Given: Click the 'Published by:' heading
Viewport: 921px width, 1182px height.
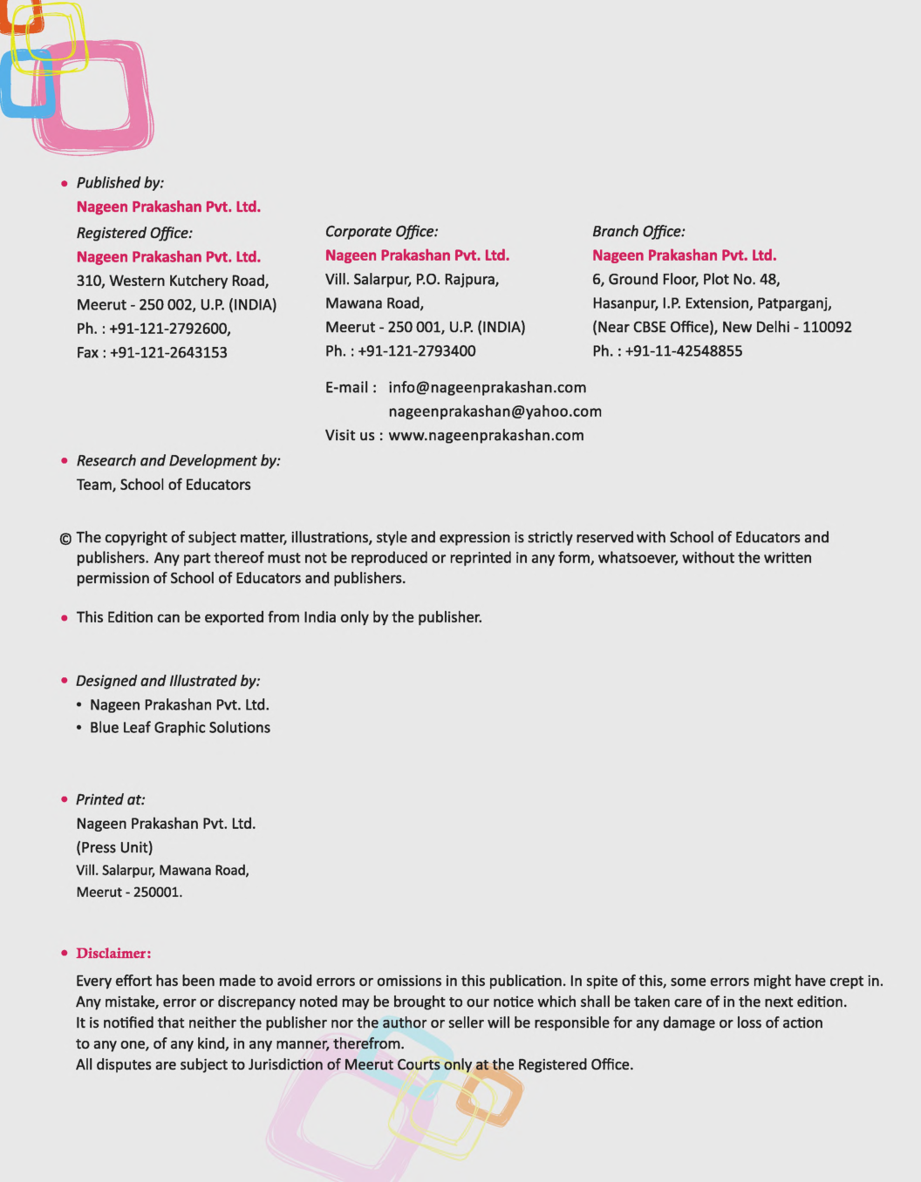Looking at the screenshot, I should coord(119,183).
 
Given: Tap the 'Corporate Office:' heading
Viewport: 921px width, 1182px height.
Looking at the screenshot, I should coord(381,232).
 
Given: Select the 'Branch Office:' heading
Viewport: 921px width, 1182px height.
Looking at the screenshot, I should coord(638,232).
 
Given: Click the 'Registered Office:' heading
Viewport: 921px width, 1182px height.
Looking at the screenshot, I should coord(134,234).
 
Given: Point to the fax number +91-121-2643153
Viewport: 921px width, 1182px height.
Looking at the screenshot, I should coord(168,353).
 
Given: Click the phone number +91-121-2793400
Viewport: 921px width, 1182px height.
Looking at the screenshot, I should coord(417,351).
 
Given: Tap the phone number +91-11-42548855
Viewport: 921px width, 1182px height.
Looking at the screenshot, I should coord(684,351).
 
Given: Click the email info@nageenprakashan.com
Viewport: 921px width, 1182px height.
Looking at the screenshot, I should coord(487,388).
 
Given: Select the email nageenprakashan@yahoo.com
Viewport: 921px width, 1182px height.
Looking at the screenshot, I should coord(495,411).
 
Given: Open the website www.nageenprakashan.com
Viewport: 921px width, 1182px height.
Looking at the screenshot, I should coord(486,436).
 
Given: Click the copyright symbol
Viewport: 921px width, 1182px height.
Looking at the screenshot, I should coord(65,539).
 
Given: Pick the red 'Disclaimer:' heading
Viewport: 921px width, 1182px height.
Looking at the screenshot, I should coord(113,954).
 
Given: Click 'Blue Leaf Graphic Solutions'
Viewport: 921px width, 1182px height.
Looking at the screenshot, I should coord(180,728).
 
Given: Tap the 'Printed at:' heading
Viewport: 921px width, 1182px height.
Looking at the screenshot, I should coord(111,800).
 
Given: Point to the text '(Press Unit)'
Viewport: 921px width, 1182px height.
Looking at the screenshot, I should coord(114,848).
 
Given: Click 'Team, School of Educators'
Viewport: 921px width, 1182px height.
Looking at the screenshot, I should coord(163,486).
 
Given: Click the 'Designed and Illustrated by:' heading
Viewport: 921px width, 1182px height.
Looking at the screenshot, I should coord(167,682).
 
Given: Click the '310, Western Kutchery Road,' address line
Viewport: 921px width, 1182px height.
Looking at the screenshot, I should coord(173,282).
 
